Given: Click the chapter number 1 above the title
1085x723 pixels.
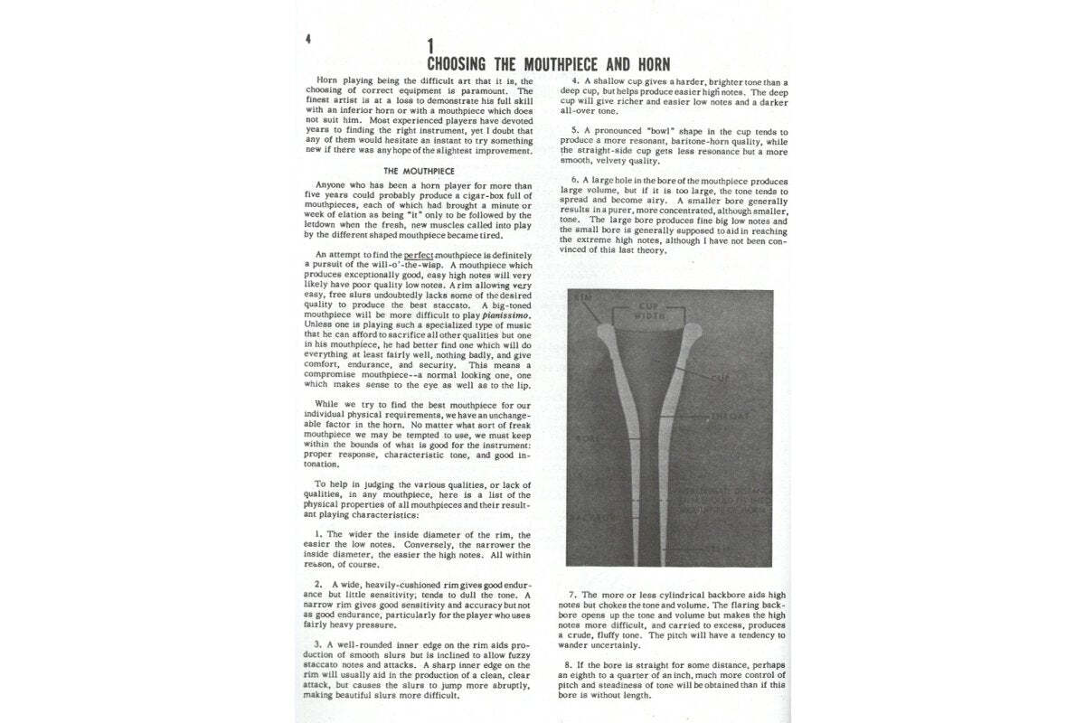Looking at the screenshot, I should (x=431, y=45).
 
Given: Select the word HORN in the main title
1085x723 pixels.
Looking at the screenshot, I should (x=647, y=64).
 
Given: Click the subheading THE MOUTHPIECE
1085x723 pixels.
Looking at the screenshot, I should (x=418, y=170).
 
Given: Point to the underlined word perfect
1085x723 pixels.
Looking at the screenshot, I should (x=420, y=256).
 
